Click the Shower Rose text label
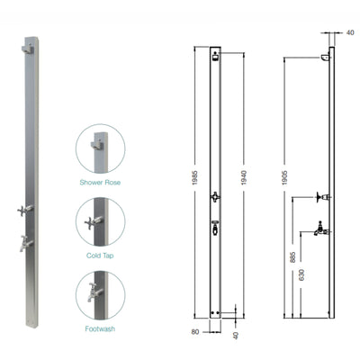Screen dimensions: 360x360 click(x=100, y=182)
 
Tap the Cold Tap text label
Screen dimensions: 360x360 click(x=100, y=256)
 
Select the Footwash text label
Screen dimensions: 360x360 click(x=100, y=329)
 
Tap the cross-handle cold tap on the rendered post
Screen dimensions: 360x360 click(x=25, y=210)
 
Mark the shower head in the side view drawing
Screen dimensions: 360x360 click(x=324, y=59)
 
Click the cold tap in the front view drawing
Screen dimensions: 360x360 click(x=214, y=196)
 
